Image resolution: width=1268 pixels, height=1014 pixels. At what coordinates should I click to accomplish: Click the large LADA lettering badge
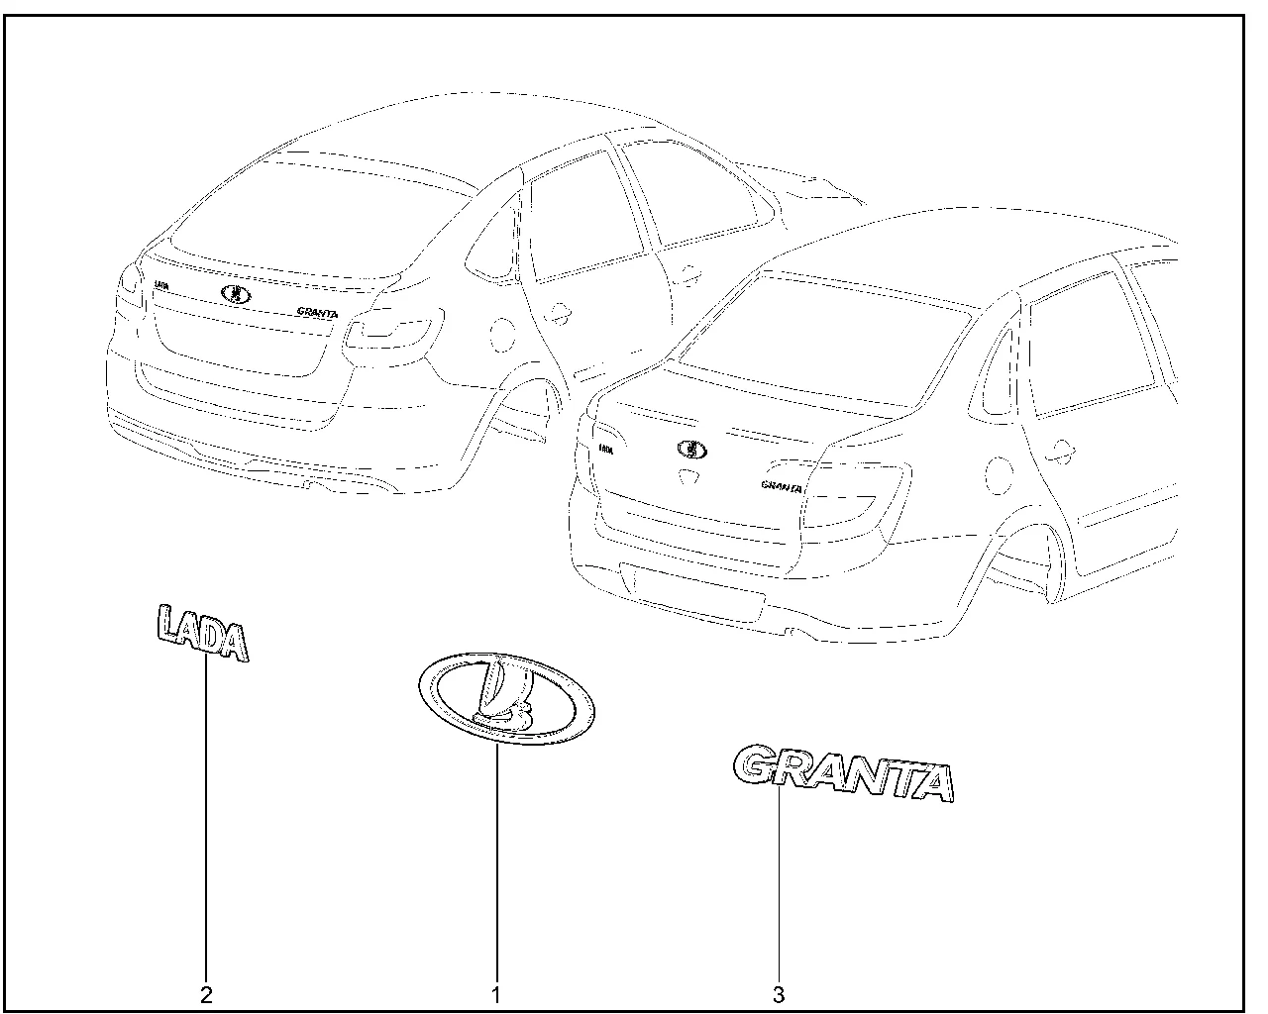[x=203, y=634]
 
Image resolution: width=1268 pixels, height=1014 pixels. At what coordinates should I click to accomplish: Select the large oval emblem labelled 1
[x=507, y=699]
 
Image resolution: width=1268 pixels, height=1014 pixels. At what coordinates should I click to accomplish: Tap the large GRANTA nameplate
[x=843, y=772]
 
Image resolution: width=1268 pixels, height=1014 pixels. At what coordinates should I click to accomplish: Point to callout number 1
[x=496, y=994]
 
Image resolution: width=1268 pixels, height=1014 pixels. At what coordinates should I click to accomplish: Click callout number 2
[x=206, y=994]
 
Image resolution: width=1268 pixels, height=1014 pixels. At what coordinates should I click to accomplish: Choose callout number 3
[x=779, y=994]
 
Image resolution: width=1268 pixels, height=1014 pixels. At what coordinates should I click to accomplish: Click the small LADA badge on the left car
[x=161, y=286]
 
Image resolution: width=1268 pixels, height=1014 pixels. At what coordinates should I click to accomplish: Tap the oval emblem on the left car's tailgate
[x=236, y=293]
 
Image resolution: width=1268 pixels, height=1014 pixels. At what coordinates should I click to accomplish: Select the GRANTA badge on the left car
[x=318, y=312]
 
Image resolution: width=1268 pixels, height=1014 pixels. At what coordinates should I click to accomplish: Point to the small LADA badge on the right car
[x=605, y=449]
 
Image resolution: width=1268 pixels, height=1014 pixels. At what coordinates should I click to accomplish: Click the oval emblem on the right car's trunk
[x=692, y=450]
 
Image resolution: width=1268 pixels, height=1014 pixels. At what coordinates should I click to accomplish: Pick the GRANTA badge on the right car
[x=782, y=486]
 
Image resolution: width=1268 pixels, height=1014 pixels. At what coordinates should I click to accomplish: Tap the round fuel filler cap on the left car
[x=502, y=335]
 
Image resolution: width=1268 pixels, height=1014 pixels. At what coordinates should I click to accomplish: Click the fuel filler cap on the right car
[x=999, y=475]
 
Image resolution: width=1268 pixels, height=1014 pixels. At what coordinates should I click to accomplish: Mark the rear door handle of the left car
[x=557, y=313]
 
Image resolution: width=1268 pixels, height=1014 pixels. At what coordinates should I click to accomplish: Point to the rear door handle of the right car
[x=1061, y=452]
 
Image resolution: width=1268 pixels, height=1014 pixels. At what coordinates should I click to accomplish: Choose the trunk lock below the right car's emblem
[x=689, y=476]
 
